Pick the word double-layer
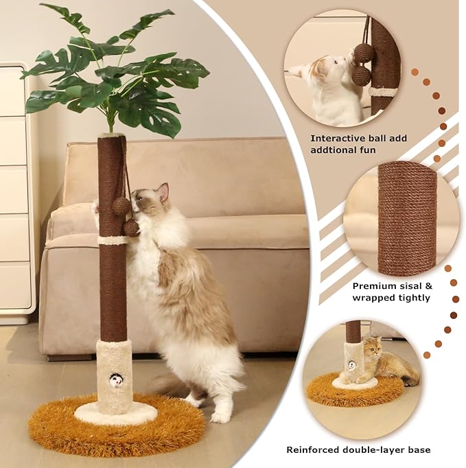pyautogui.click(x=375, y=449)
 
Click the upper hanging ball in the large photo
pyautogui.click(x=121, y=205)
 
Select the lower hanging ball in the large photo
pyautogui.click(x=131, y=227)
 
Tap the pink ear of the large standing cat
pyautogui.click(x=163, y=193)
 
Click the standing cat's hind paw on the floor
pyautogui.click(x=220, y=416)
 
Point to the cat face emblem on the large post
pyautogui.click(x=116, y=379)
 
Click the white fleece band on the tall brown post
pyautogui.click(x=113, y=240)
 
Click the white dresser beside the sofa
pyautogui.click(x=15, y=192)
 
